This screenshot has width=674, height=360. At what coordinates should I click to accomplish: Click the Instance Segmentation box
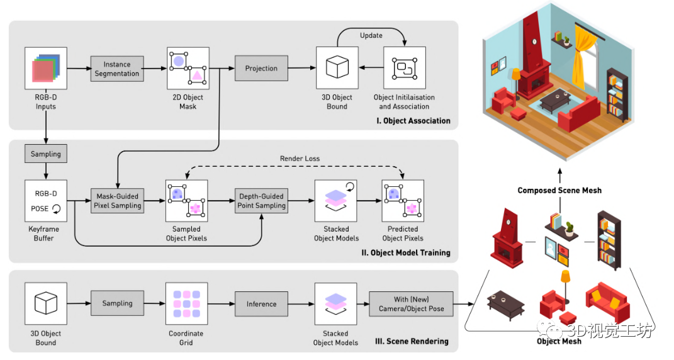(116, 69)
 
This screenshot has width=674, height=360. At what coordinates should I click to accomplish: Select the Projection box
(261, 69)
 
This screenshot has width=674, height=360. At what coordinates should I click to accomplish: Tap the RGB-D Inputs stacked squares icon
(46, 68)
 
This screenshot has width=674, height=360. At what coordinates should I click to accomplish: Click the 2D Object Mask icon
(188, 68)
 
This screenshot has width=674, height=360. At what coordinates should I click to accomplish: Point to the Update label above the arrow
(371, 35)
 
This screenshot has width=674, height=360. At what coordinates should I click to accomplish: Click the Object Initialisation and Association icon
(404, 68)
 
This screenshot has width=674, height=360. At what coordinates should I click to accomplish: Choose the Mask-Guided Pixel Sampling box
(116, 201)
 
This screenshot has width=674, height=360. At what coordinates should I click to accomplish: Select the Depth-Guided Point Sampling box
(261, 201)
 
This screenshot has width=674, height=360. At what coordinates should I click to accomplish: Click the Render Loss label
(300, 159)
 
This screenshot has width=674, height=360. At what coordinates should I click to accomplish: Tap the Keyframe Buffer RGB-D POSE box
(46, 201)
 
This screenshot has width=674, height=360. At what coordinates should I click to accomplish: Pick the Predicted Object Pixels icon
(403, 201)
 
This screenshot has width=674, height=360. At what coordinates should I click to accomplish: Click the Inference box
(261, 304)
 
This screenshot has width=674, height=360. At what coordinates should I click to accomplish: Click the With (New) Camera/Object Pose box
(410, 304)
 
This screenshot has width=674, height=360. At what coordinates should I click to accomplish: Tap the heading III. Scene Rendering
(412, 341)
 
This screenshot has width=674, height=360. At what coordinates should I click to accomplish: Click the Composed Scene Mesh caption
(559, 190)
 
